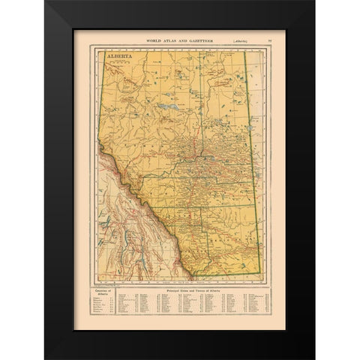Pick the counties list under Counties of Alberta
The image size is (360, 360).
point(106,307)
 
